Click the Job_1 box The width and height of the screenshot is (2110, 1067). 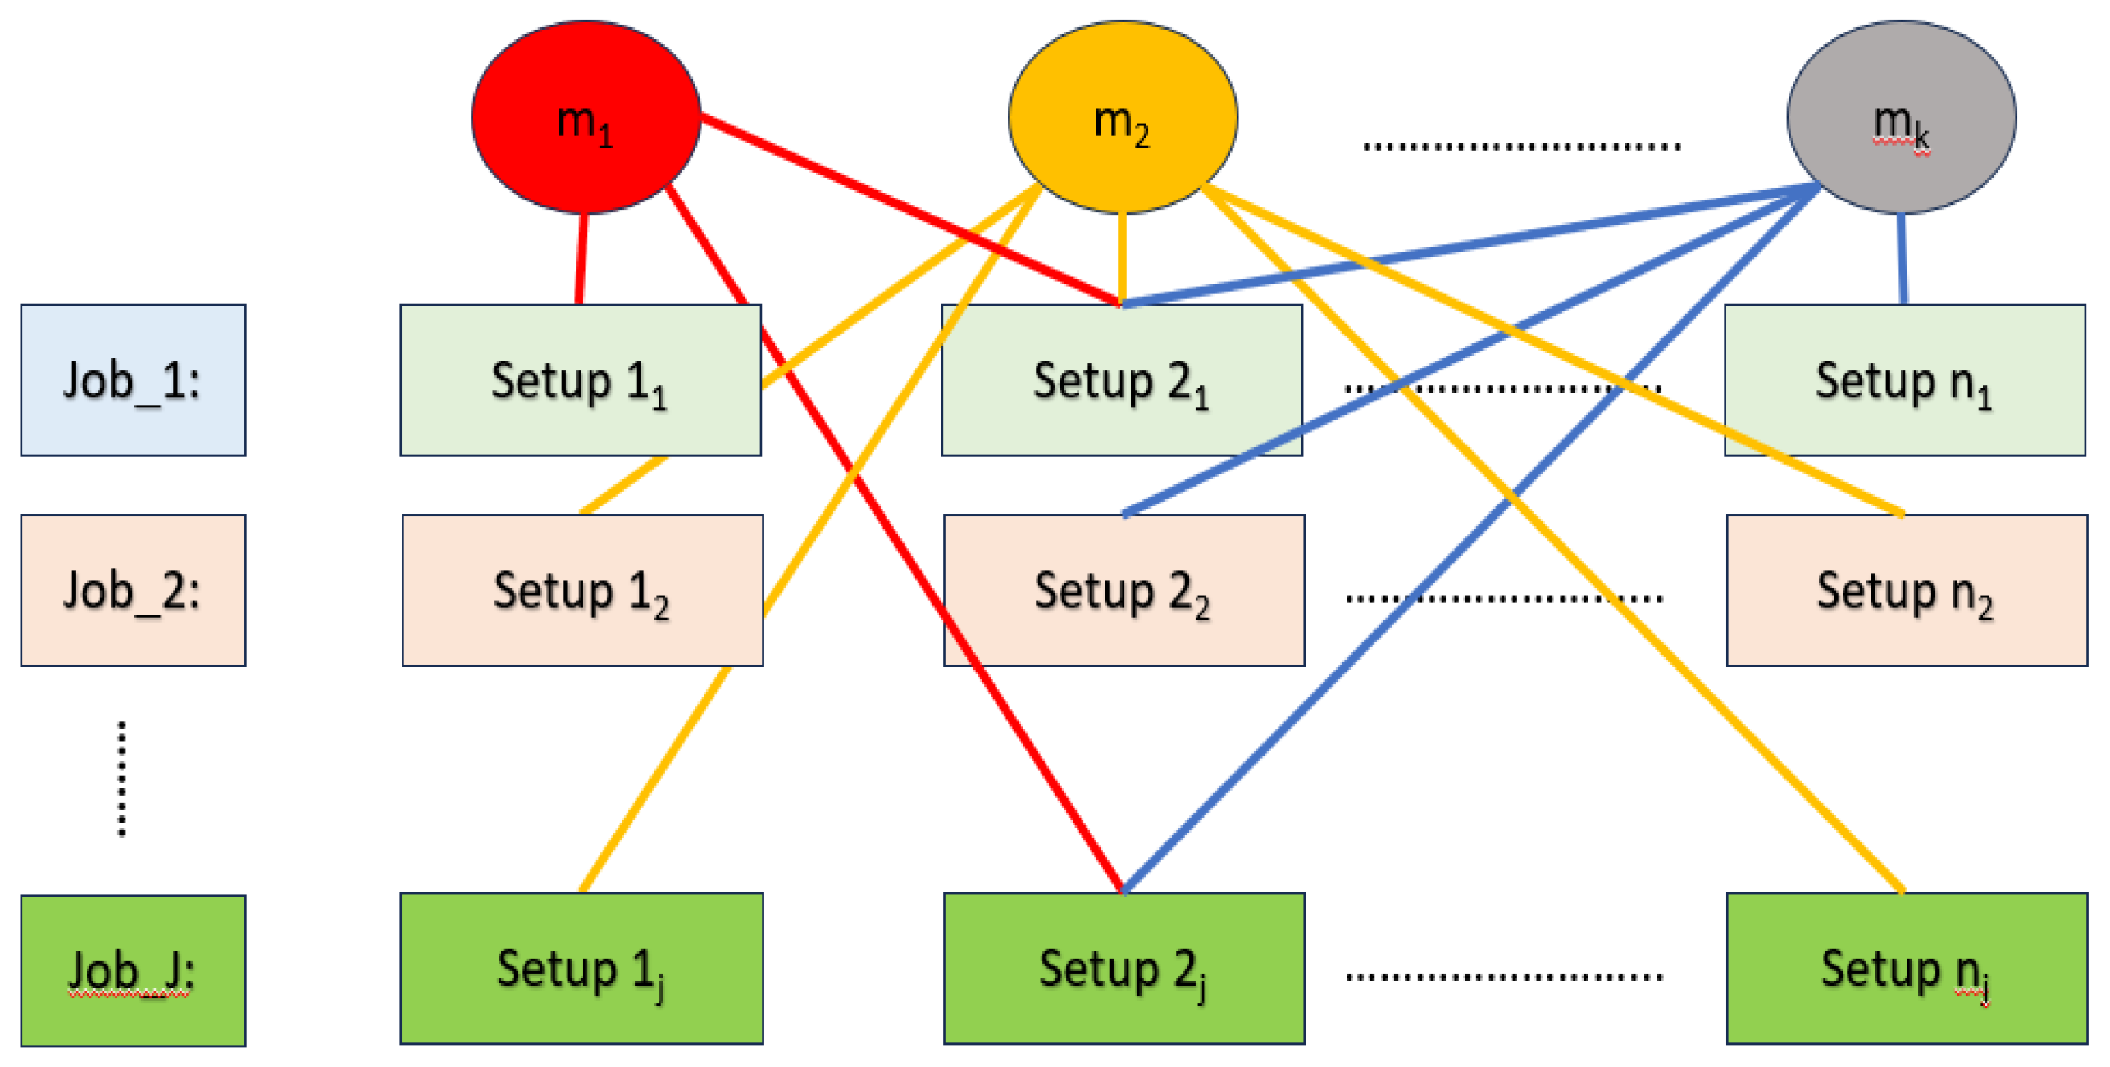click(133, 380)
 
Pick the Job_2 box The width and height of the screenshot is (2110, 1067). click(133, 590)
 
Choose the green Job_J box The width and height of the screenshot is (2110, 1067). click(133, 970)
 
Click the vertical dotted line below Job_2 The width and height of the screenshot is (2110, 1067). click(122, 779)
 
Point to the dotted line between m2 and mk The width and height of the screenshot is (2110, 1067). click(1521, 147)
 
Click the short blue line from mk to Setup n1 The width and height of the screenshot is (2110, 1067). click(1902, 258)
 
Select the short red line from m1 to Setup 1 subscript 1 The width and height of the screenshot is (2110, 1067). click(581, 259)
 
